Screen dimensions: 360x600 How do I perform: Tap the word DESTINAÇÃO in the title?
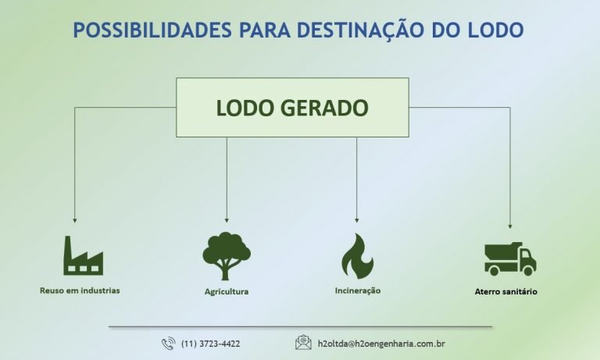click(357, 30)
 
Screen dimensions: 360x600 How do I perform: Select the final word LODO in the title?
click(497, 30)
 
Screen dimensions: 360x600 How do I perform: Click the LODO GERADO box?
click(292, 108)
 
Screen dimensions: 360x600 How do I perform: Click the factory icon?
click(83, 255)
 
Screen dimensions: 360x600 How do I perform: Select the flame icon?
click(357, 256)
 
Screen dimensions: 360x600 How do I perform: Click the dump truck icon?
click(509, 258)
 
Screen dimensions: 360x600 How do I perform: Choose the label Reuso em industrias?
click(80, 290)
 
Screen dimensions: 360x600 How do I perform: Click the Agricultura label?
click(227, 292)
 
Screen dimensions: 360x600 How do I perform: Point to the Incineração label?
click(357, 290)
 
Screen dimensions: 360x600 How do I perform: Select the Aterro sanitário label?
click(506, 292)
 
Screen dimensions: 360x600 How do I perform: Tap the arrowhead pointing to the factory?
click(75, 220)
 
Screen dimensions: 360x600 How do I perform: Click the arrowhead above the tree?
click(227, 220)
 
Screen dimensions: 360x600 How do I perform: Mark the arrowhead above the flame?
click(357, 220)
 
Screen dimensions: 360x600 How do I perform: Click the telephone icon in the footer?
click(168, 344)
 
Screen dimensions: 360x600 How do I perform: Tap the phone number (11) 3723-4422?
click(210, 344)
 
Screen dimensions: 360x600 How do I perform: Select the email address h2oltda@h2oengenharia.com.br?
click(381, 344)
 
